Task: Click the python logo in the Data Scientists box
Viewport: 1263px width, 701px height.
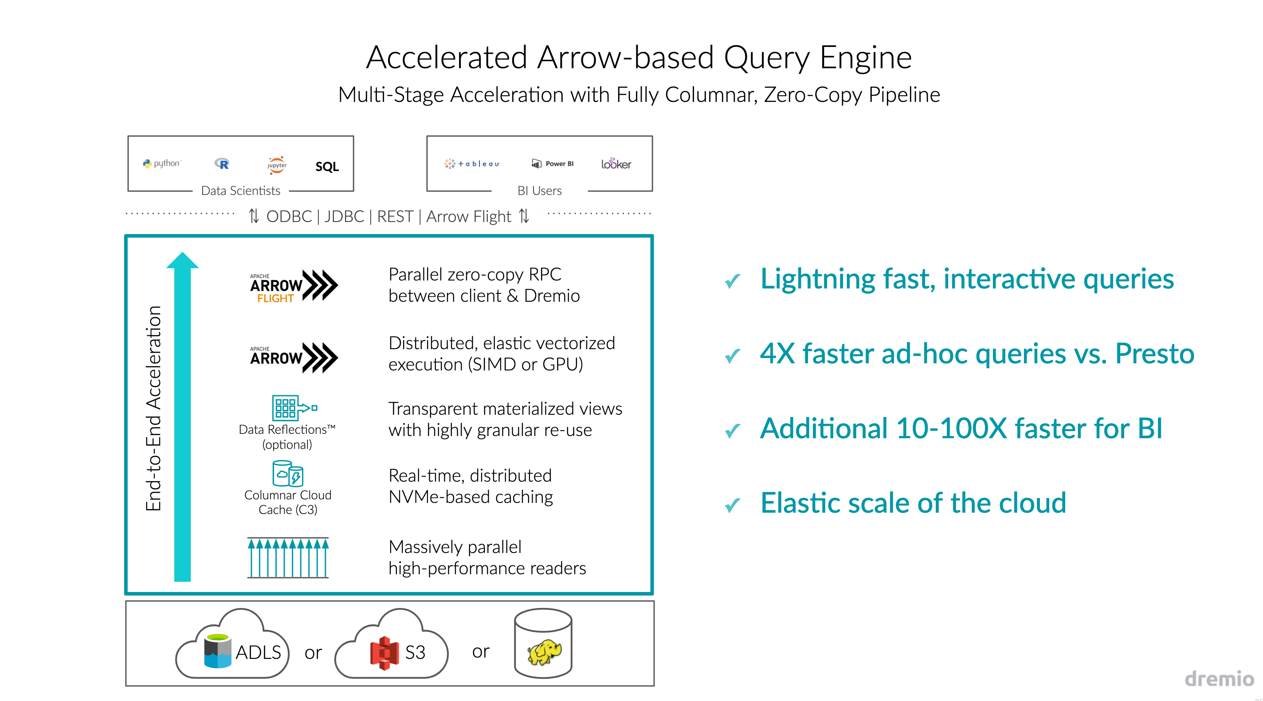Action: (x=161, y=163)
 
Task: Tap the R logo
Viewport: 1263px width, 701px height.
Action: (x=222, y=164)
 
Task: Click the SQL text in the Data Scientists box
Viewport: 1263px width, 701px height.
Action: (x=327, y=167)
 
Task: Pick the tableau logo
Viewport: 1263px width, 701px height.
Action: (x=472, y=164)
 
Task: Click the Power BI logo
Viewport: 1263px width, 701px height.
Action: (x=553, y=164)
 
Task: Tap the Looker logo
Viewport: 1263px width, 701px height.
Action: (x=616, y=164)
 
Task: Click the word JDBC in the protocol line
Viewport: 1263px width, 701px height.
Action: (x=344, y=216)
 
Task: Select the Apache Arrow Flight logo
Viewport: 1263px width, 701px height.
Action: (x=294, y=286)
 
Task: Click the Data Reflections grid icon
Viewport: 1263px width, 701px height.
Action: (x=286, y=408)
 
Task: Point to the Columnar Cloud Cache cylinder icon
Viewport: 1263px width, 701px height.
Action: (x=288, y=473)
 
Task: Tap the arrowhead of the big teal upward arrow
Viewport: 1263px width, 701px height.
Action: (x=182, y=261)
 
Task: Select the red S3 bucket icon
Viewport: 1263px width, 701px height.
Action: (x=384, y=653)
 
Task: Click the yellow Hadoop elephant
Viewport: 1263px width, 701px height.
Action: (x=544, y=652)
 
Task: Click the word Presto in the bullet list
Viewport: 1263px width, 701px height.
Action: (x=1154, y=354)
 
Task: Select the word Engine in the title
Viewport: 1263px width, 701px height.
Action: (x=865, y=57)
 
